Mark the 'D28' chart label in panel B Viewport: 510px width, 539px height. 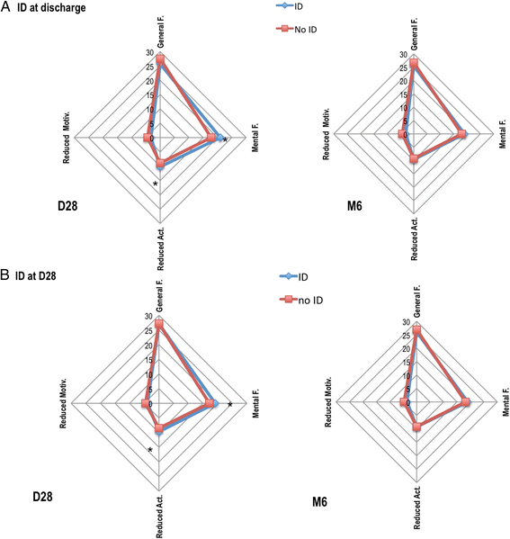(47, 496)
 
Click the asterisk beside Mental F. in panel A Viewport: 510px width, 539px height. (225, 141)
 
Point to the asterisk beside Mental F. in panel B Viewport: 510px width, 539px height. (230, 406)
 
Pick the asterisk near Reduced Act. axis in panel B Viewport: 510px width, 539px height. (150, 450)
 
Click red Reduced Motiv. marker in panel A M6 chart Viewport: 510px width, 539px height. (402, 134)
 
